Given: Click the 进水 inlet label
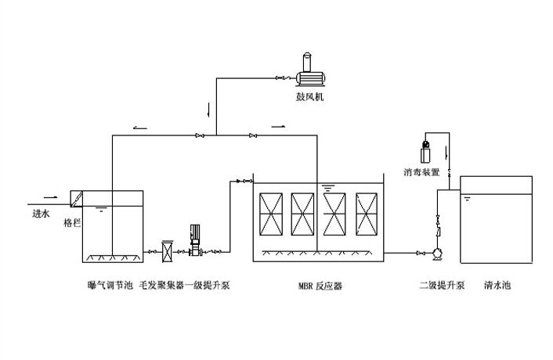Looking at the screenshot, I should [x=41, y=213].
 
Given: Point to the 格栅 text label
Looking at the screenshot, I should [x=72, y=222].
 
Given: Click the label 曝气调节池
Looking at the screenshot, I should [x=105, y=286].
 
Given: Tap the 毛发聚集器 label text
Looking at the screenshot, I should [x=156, y=286].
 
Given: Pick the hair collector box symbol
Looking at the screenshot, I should [x=167, y=250].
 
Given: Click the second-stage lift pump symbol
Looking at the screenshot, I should [x=437, y=252].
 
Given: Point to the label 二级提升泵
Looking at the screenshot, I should [x=441, y=286].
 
